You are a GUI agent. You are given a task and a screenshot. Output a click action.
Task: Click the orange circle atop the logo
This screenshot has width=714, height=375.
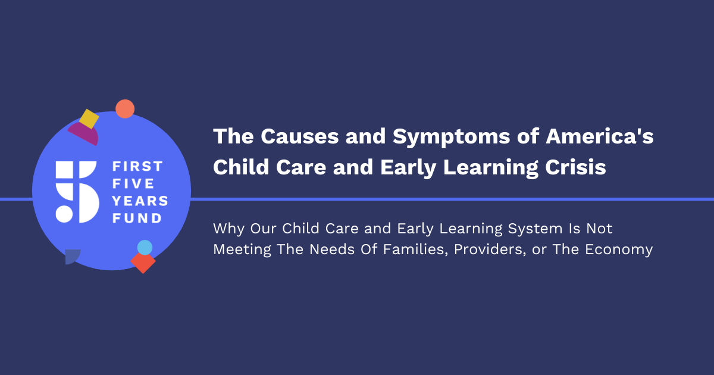click(125, 109)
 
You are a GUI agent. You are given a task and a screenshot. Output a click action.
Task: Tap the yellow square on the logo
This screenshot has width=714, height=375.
click(89, 119)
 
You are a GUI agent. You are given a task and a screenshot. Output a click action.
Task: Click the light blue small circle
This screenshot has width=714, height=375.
click(145, 248)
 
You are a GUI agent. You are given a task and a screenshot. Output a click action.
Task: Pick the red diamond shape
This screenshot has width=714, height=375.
click(143, 262)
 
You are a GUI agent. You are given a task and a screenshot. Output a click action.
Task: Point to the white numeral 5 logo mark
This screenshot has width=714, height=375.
click(77, 192)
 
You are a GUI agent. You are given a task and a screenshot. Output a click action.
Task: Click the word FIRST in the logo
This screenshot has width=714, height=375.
click(137, 166)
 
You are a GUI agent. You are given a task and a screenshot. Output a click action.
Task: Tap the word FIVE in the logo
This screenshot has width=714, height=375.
click(133, 184)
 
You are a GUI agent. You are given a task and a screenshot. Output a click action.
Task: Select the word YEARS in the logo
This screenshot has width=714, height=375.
click(140, 201)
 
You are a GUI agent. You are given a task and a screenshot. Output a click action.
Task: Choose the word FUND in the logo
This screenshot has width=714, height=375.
click(137, 218)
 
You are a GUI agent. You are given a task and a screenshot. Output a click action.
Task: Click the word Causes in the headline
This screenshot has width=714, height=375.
click(300, 136)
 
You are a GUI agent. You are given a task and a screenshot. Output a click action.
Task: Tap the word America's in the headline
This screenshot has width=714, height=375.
click(600, 136)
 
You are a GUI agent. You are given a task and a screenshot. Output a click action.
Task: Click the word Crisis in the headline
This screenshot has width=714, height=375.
click(575, 167)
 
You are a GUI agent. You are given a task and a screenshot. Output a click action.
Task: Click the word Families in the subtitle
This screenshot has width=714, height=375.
click(416, 249)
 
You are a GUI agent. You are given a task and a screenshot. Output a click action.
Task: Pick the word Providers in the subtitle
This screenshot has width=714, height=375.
click(490, 249)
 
